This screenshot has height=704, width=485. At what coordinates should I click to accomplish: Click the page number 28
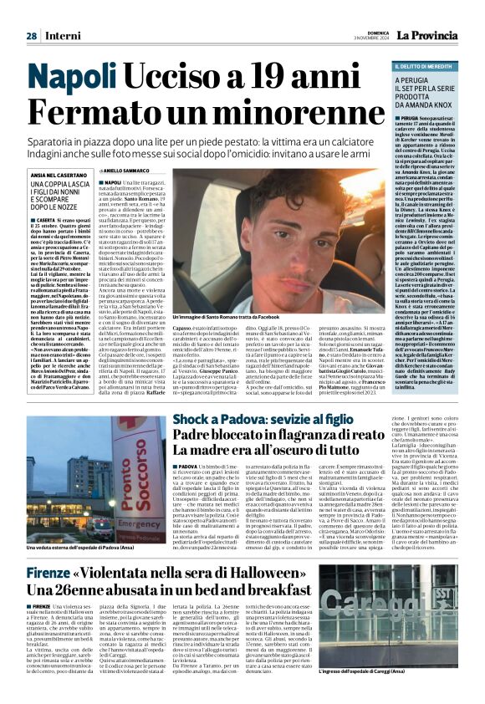tap(31, 36)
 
